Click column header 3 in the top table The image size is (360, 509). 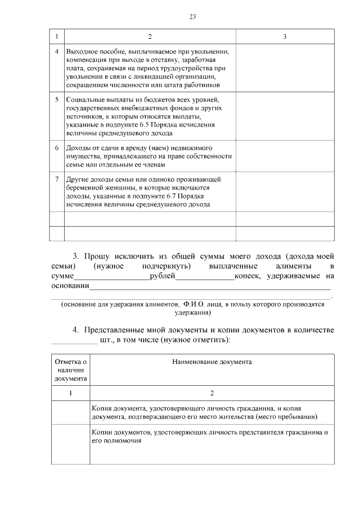tap(285, 37)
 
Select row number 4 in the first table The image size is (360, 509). tap(57, 52)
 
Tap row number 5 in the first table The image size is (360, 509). tap(57, 100)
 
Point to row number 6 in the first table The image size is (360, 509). tap(57, 148)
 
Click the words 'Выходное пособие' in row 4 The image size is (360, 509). tap(91, 52)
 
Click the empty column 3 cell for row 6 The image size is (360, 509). tap(285, 156)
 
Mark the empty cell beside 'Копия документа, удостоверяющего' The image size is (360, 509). tap(70, 413)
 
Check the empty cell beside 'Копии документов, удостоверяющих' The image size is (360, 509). tap(70, 445)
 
